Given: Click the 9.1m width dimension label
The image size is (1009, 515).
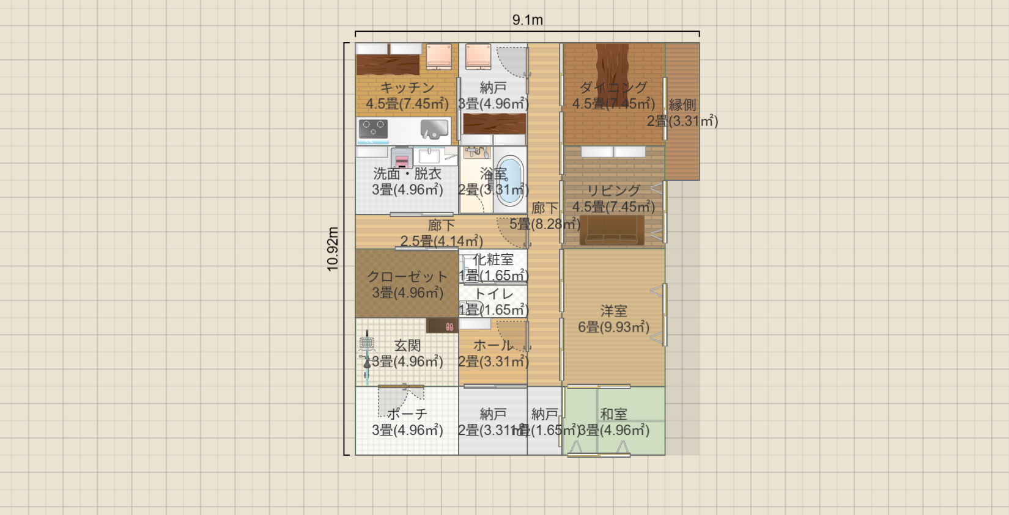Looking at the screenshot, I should [527, 20].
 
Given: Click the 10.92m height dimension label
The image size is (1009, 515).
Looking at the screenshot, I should [333, 249].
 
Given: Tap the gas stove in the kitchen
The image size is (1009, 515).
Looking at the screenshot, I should [373, 129].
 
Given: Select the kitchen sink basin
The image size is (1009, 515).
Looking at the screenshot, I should [434, 129].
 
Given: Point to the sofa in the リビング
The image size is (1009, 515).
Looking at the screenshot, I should [612, 231].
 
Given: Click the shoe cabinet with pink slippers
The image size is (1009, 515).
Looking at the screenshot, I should [442, 326].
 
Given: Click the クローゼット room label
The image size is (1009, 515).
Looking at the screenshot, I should [407, 277].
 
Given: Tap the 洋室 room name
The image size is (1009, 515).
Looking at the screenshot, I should [613, 311].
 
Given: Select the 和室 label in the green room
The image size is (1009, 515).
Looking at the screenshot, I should [613, 414].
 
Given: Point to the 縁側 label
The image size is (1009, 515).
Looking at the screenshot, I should [682, 105].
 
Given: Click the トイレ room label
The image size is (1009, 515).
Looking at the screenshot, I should [494, 294].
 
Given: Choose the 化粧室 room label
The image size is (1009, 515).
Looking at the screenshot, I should [494, 260].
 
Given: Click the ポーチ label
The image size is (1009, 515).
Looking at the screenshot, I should [407, 414].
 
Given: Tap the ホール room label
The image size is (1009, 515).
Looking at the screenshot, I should [493, 346].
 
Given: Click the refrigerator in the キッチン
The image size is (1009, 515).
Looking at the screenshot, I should [438, 56].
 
